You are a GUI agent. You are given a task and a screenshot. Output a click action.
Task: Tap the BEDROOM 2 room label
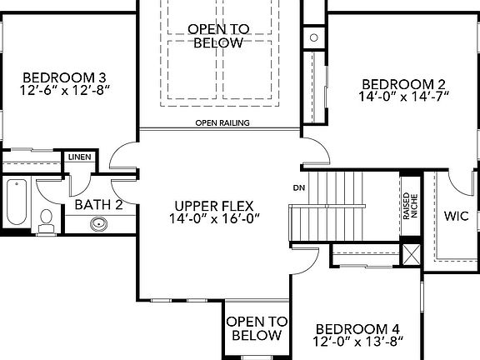402,83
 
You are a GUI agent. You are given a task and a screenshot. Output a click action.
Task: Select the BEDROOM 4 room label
358,327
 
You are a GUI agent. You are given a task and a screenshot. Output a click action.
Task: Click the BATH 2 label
98,204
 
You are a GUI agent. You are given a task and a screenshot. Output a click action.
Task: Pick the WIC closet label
456,216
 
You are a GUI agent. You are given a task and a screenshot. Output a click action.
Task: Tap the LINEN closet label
79,156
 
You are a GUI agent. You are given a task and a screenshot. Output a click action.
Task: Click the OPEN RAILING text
218,123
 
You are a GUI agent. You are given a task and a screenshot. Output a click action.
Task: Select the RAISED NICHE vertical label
409,205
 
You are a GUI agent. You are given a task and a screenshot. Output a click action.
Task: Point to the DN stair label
297,187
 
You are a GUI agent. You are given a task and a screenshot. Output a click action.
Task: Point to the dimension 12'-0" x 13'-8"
358,341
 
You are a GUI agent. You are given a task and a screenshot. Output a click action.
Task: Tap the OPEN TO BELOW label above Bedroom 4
257,328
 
